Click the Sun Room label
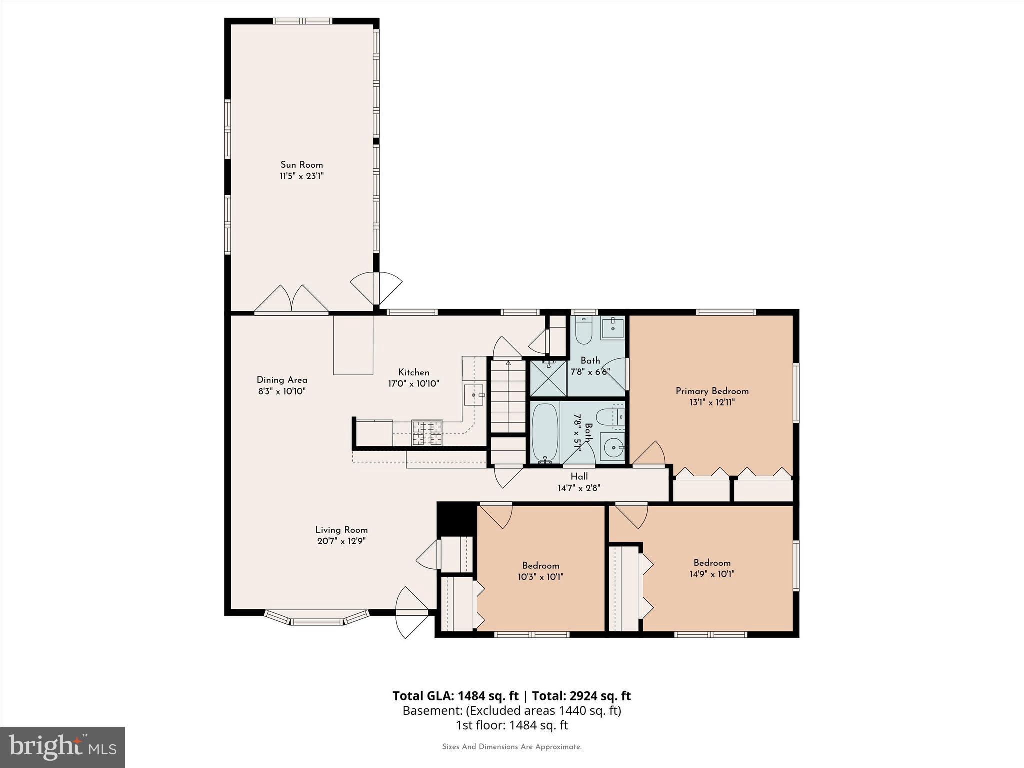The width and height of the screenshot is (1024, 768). tap(301, 165)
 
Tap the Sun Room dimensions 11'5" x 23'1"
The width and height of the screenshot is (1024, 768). tap(301, 176)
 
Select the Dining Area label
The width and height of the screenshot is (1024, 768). tap(282, 380)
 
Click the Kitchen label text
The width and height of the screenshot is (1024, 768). tap(413, 372)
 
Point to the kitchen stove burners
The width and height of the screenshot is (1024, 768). tap(427, 433)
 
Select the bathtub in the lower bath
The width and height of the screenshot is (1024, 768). tap(544, 433)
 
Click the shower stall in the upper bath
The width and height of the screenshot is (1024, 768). tap(548, 378)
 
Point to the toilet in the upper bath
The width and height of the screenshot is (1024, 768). tap(583, 331)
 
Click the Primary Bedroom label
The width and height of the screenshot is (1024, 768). tap(712, 391)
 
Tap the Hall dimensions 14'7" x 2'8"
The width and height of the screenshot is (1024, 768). tap(579, 488)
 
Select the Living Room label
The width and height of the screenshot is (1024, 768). tap(341, 530)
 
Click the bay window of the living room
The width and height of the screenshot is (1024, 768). tap(317, 620)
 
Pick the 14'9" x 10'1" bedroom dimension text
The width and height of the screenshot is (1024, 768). tap(712, 574)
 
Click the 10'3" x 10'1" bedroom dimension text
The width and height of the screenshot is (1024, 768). tap(540, 577)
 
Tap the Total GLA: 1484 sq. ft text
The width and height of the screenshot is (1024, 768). tap(455, 696)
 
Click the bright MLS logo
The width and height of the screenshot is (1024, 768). tap(62, 747)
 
